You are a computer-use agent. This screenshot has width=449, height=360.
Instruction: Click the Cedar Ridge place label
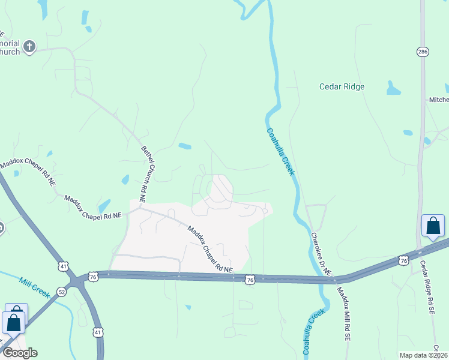tap(342, 86)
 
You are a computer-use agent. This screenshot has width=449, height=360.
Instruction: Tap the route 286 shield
tap(423, 52)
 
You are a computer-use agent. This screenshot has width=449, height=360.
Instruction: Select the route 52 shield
tap(61, 291)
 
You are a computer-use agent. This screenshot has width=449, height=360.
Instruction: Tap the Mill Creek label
tap(33, 282)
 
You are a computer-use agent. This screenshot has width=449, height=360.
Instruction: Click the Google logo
tap(20, 353)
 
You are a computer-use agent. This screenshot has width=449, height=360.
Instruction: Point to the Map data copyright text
tap(423, 355)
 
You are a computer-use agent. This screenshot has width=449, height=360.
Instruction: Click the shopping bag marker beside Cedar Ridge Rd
tap(433, 227)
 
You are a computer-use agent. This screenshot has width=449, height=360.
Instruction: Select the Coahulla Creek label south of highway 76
tap(313, 331)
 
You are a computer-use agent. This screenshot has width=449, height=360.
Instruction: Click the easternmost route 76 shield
tap(403, 260)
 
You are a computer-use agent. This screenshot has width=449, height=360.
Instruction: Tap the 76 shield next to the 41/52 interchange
tap(92, 275)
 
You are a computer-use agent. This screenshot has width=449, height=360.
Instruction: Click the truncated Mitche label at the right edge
tap(438, 100)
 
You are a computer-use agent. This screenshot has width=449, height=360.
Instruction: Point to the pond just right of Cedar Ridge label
tap(393, 89)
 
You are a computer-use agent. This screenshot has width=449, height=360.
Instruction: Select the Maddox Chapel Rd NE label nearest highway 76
tap(209, 248)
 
